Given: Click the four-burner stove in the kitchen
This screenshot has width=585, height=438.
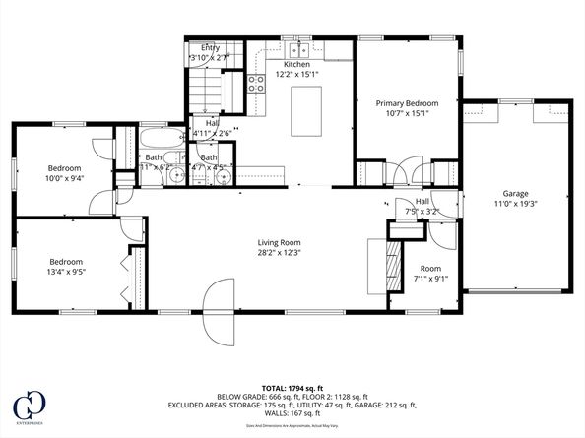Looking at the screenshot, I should click(x=255, y=84).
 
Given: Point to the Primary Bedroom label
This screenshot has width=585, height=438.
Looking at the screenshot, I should click(x=407, y=102).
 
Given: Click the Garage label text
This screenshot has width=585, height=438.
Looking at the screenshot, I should click(x=516, y=194).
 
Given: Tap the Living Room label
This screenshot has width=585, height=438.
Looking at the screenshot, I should click(x=279, y=242).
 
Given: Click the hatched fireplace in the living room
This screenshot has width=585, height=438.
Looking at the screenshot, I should click(x=393, y=263).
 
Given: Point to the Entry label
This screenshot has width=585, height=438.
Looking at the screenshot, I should click(x=210, y=47).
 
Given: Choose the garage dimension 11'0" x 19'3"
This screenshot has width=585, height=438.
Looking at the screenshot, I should click(x=516, y=204).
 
